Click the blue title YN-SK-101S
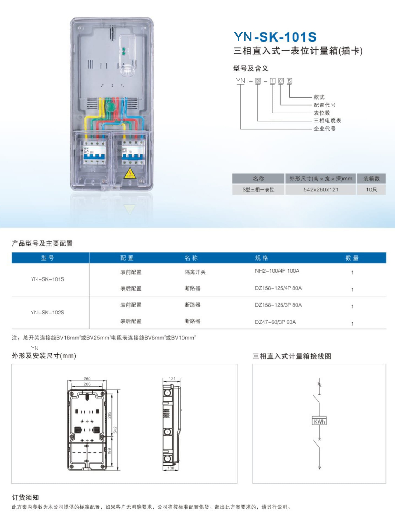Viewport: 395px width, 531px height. pos(275,37)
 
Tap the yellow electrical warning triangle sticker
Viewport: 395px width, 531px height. pos(130,173)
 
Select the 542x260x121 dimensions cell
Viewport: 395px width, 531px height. pos(321,189)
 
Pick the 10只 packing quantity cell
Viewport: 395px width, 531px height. pos(371,189)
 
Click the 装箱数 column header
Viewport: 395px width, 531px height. pos(371,179)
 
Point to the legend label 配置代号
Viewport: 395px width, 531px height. pos(324,105)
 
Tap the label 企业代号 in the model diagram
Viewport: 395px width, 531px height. pos(324,129)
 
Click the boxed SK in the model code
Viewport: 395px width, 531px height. pos(258,81)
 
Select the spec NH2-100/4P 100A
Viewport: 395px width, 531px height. pos(277,271)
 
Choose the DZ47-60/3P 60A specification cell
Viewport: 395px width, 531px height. pos(275,322)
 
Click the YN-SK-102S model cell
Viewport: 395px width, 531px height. pos(47,313)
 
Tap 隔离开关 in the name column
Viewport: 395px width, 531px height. pos(195,272)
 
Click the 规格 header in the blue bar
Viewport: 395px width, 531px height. pos(261,258)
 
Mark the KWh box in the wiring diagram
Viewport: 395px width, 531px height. pos(319,421)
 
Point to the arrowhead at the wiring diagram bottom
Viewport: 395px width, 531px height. pos(319,468)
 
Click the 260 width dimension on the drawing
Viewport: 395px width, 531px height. pos(87,378)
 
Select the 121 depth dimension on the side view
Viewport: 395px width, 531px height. pos(172,378)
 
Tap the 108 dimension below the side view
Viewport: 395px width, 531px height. pos(171,468)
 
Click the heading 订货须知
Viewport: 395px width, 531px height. pos(25,497)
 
